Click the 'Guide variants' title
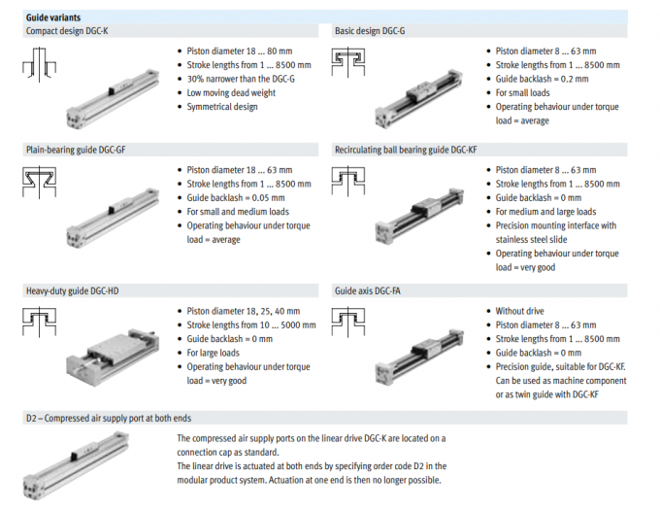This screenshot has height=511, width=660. (x=52, y=17)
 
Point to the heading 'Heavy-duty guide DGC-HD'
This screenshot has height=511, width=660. (x=72, y=290)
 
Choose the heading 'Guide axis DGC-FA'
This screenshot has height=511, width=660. (x=369, y=290)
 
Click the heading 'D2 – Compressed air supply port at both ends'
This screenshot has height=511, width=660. (x=108, y=418)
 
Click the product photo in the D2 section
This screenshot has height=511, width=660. (x=93, y=463)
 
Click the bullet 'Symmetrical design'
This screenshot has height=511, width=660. (x=222, y=107)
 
